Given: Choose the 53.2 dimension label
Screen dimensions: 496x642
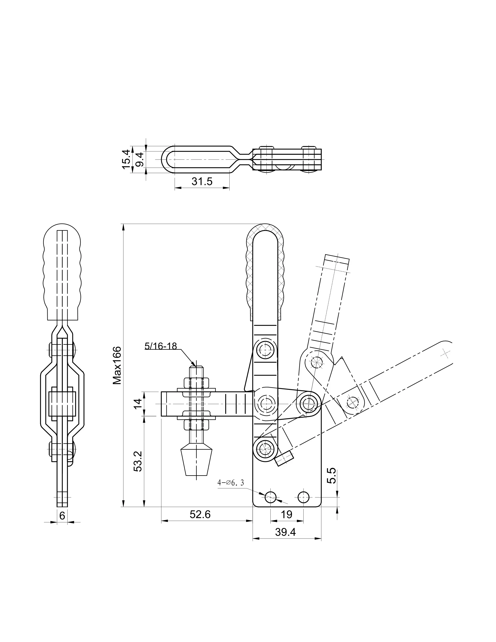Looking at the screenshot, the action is point(138,461).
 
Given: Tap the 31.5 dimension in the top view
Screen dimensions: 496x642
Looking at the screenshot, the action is point(202,181).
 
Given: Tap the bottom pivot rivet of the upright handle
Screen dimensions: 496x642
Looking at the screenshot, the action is point(265,449).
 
